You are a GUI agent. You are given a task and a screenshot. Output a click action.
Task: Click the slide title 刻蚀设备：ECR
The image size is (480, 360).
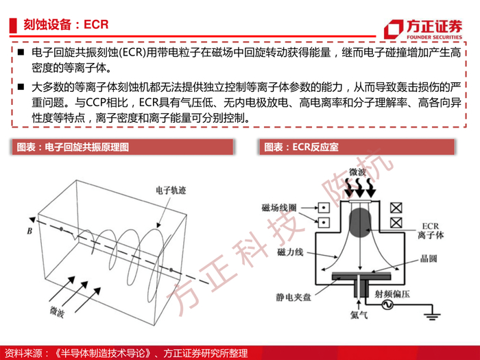coord(66,25)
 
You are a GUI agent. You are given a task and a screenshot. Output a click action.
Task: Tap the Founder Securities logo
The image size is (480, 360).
coord(423,29)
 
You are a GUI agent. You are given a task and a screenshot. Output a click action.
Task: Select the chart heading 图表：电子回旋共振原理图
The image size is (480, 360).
coord(73,147)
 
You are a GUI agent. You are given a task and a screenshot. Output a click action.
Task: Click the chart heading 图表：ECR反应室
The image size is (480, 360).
coord(301,147)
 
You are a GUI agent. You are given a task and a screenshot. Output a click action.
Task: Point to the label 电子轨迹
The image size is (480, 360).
coord(171,191)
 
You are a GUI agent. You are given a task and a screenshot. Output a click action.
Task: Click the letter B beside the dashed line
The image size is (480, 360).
coord(29,231)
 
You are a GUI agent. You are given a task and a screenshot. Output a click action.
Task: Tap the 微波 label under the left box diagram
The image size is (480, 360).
coord(57,311)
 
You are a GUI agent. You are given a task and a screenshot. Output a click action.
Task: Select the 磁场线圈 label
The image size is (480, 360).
coord(279,208)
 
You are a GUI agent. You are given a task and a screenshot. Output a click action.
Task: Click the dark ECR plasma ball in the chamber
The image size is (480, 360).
coord(360,223)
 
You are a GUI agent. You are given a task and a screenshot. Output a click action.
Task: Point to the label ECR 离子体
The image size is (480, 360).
coord(431,231)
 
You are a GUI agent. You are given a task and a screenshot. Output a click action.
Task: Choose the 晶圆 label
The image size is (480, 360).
coord(429,259)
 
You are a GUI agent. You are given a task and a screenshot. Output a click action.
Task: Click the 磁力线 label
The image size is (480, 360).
coord(290,252)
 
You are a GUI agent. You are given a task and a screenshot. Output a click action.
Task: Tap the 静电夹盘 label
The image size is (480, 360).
coord(293,297)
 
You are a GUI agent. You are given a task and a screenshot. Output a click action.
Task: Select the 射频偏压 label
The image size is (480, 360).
coord(392,294)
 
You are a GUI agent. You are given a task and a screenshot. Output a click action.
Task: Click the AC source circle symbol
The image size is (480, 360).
coord(387,304)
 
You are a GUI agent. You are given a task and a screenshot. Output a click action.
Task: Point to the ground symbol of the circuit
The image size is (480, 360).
coord(432,316)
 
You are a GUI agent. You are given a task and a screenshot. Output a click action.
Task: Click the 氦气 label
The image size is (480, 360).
coord(359,314)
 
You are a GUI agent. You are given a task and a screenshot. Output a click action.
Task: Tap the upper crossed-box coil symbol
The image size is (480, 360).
coord(396,208)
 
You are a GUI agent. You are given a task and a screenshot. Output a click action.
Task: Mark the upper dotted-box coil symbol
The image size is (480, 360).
coord(324,208)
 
